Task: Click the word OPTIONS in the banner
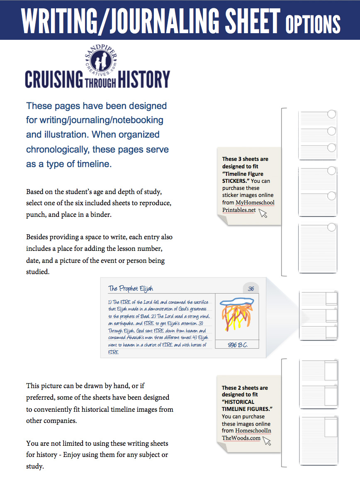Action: point(313,24)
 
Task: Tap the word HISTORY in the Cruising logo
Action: point(144,79)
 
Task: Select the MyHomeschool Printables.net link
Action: point(248,206)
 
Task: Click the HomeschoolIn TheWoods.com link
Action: point(247,434)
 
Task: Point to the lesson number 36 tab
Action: point(251,289)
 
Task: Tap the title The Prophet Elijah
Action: point(131,289)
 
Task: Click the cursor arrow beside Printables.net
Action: point(263,213)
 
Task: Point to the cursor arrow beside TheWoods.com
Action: point(267,441)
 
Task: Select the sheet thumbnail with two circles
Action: point(318,190)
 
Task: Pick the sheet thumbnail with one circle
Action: point(318,248)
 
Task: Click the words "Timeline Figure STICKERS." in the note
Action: point(243,177)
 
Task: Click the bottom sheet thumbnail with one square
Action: point(318,441)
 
